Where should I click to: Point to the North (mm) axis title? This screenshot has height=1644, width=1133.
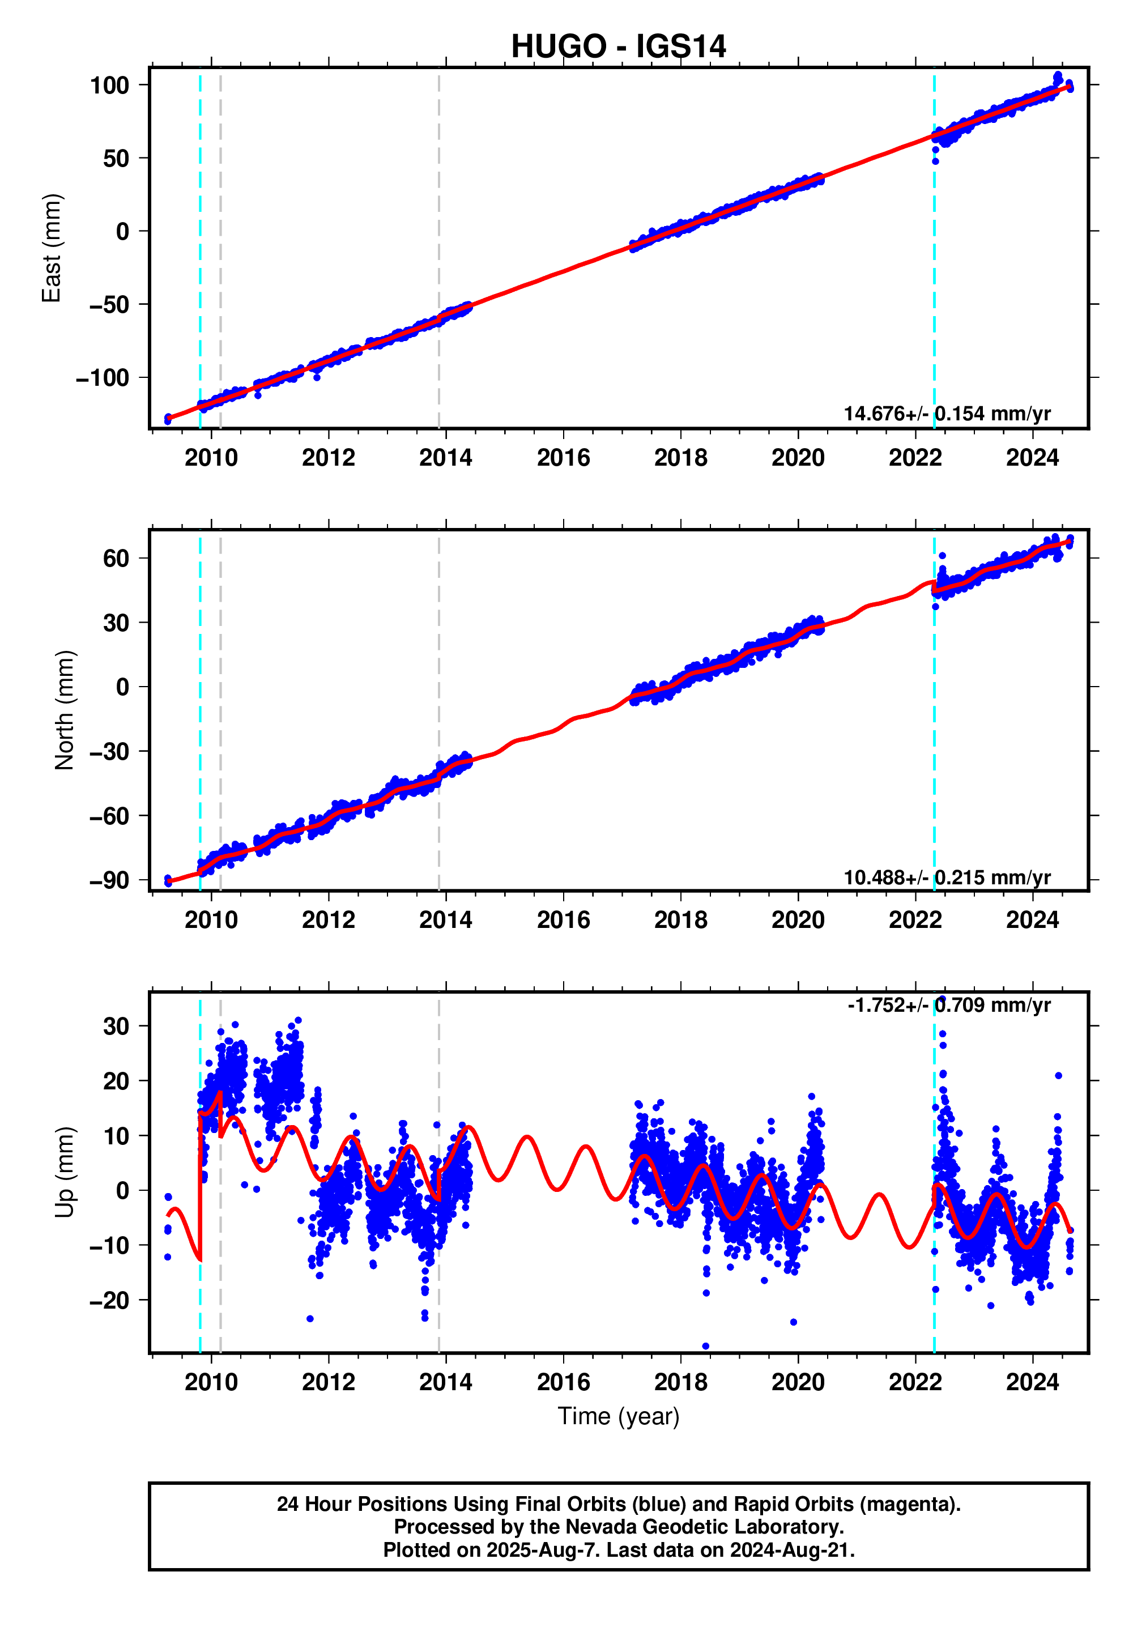(64, 710)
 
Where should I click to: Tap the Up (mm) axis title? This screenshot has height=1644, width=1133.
(64, 1172)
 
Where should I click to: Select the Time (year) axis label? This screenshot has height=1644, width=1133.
(618, 1416)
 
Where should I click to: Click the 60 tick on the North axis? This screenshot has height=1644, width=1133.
(116, 558)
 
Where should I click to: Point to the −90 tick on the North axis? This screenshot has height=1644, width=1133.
(109, 880)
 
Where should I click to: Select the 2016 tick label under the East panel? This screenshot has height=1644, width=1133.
(563, 458)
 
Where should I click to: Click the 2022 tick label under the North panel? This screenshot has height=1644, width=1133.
(915, 920)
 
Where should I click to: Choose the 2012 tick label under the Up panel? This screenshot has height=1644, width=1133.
(328, 1382)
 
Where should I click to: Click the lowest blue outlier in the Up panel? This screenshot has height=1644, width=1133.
(706, 1346)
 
